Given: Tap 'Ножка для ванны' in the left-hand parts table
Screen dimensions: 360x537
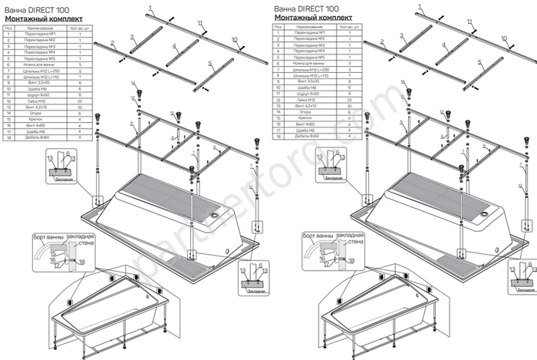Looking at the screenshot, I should click(37, 65).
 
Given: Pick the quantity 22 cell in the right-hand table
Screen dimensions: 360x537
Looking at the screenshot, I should click(349, 101).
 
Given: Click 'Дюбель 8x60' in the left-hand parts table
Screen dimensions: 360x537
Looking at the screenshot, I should click(37, 136).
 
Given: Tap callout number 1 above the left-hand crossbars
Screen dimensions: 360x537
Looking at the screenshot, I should click(151, 6).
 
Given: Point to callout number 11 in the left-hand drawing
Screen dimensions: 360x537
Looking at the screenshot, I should click(202, 24).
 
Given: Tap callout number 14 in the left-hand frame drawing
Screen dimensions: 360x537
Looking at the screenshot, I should click(133, 83).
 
